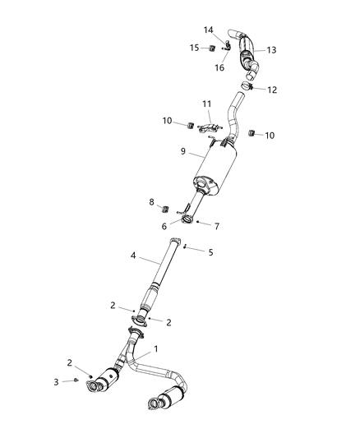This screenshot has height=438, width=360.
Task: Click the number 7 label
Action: point(217,225)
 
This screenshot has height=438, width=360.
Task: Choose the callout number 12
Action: point(272,90)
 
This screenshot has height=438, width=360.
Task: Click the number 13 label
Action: point(270,50)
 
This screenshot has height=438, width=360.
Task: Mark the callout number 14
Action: point(208,30)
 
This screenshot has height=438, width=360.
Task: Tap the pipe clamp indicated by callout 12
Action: point(248,85)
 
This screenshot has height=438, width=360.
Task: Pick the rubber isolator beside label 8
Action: point(161,203)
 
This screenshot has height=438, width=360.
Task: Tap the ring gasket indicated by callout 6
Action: point(187,220)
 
